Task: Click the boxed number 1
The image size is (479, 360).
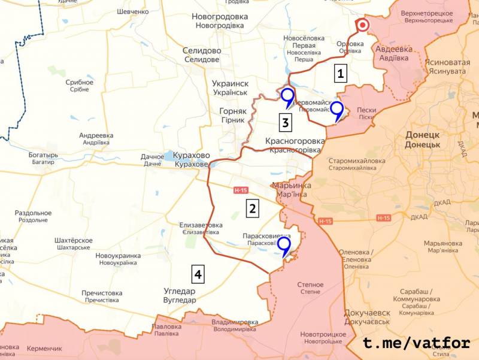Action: pyautogui.click(x=341, y=74)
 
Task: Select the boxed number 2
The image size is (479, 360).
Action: pyautogui.click(x=253, y=208)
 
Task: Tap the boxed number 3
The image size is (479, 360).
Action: pyautogui.click(x=286, y=123)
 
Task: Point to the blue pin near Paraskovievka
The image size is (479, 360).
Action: pyautogui.click(x=283, y=246)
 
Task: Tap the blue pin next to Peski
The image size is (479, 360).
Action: pyautogui.click(x=337, y=110)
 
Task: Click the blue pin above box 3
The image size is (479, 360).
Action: pyautogui.click(x=288, y=96)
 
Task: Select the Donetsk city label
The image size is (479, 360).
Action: pyautogui.click(x=422, y=140)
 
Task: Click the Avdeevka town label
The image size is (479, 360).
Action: pyautogui.click(x=394, y=53)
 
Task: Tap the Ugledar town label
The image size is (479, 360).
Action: pyautogui.click(x=180, y=295)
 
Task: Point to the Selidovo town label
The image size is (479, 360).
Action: pyautogui.click(x=202, y=55)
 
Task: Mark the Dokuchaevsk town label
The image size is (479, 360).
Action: pyautogui.click(x=367, y=317)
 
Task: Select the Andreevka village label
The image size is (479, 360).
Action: pyautogui.click(x=96, y=139)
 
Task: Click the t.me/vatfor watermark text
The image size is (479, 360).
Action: pyautogui.click(x=417, y=343)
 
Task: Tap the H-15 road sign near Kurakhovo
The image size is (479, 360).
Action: pyautogui.click(x=241, y=190)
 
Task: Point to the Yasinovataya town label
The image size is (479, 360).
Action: pyautogui.click(x=447, y=65)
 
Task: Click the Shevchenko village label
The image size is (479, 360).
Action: pyautogui.click(x=133, y=12)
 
